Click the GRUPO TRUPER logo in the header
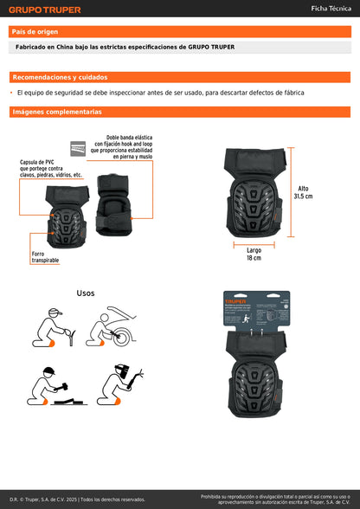click(x=45, y=10)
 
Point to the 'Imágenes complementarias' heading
click(x=57, y=112)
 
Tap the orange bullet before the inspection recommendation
click(x=12, y=93)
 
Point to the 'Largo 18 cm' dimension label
click(x=254, y=254)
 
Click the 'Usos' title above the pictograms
click(x=86, y=293)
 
